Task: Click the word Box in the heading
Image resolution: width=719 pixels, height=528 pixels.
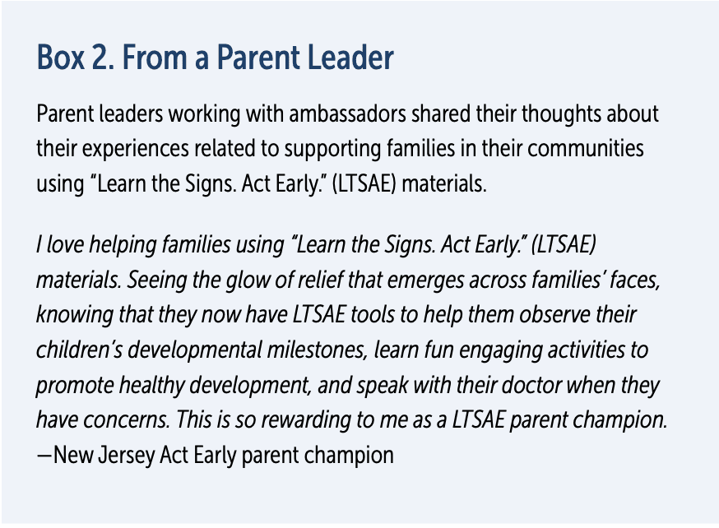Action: pyautogui.click(x=60, y=58)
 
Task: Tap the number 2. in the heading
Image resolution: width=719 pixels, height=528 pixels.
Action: pyautogui.click(x=103, y=58)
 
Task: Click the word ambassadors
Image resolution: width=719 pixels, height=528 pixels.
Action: pyautogui.click(x=347, y=113)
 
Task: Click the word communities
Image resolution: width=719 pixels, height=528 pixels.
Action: pyautogui.click(x=586, y=149)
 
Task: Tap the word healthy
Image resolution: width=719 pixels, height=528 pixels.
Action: pyautogui.click(x=151, y=385)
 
